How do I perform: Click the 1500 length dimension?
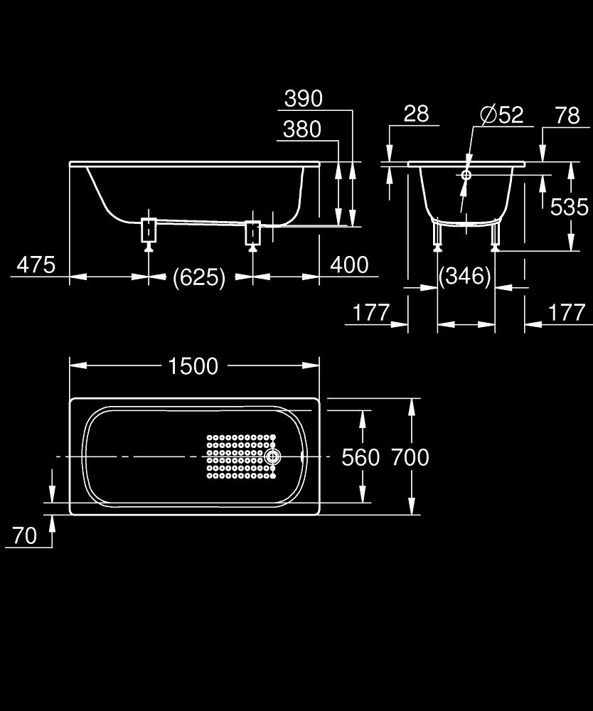tap(193, 366)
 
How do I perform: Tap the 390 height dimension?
tap(304, 98)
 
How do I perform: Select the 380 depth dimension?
tap(302, 129)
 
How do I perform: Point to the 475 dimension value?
tap(36, 264)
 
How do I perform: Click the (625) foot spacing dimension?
tap(199, 277)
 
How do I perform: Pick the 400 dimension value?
tap(349, 264)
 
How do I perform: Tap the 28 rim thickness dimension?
tap(416, 114)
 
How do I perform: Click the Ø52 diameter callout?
tap(502, 114)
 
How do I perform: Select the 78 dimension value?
tap(567, 115)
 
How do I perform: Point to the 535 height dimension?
tap(569, 207)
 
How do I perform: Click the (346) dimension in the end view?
tap(465, 276)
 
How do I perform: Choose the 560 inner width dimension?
tap(360, 457)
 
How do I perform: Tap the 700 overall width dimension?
tap(410, 457)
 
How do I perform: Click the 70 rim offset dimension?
tap(24, 535)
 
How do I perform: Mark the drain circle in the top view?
tap(272, 456)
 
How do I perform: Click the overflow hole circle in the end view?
tap(466, 175)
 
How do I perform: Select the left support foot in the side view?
tap(149, 234)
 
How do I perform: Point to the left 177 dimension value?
tap(371, 312)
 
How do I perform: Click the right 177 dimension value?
tap(567, 312)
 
